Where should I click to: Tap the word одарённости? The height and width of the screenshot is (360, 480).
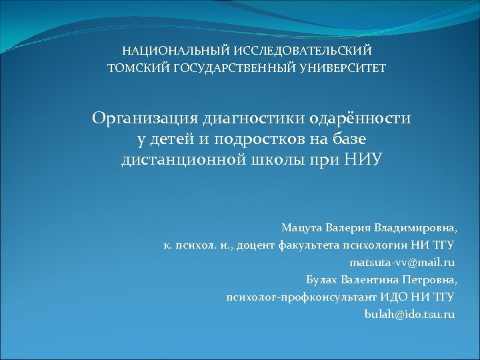pyautogui.click(x=361, y=119)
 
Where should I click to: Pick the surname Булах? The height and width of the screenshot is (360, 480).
pyautogui.click(x=323, y=279)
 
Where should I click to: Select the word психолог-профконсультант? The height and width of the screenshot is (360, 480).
pyautogui.click(x=303, y=297)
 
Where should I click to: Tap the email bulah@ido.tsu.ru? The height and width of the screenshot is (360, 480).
pyautogui.click(x=409, y=314)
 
